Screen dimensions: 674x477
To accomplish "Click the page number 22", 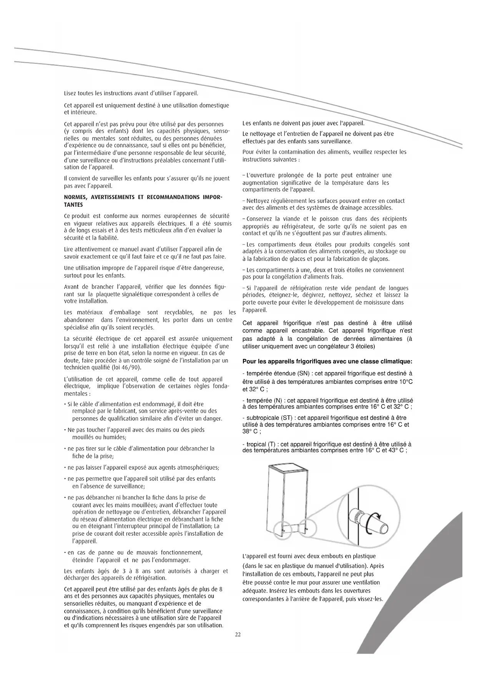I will tap(238, 634).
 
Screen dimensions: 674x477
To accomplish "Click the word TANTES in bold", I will tap(73, 205).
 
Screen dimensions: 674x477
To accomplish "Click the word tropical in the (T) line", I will tap(256, 444).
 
